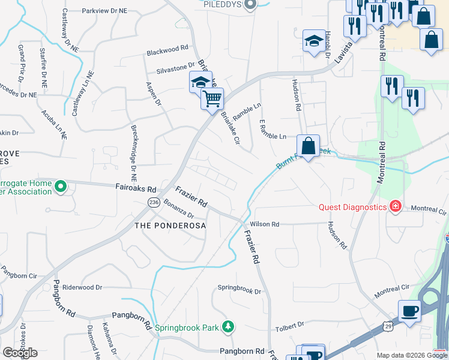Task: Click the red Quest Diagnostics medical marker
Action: pyautogui.click(x=395, y=207)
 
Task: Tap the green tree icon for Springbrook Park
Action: pyautogui.click(x=228, y=327)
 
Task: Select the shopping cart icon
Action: pyautogui.click(x=212, y=98)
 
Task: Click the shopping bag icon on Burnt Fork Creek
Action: pyautogui.click(x=308, y=146)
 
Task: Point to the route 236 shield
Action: pyautogui.click(x=153, y=202)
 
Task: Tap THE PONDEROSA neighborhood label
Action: pyautogui.click(x=170, y=226)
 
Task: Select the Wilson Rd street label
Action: pyautogui.click(x=265, y=224)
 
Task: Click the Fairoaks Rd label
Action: pyautogui.click(x=136, y=187)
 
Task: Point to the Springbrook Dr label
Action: pyautogui.click(x=240, y=292)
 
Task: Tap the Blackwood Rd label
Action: pyautogui.click(x=167, y=50)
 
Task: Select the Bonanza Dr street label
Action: pyautogui.click(x=179, y=210)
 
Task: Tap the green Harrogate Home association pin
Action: pyautogui.click(x=60, y=188)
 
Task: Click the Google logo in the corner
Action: pyautogui.click(x=20, y=353)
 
